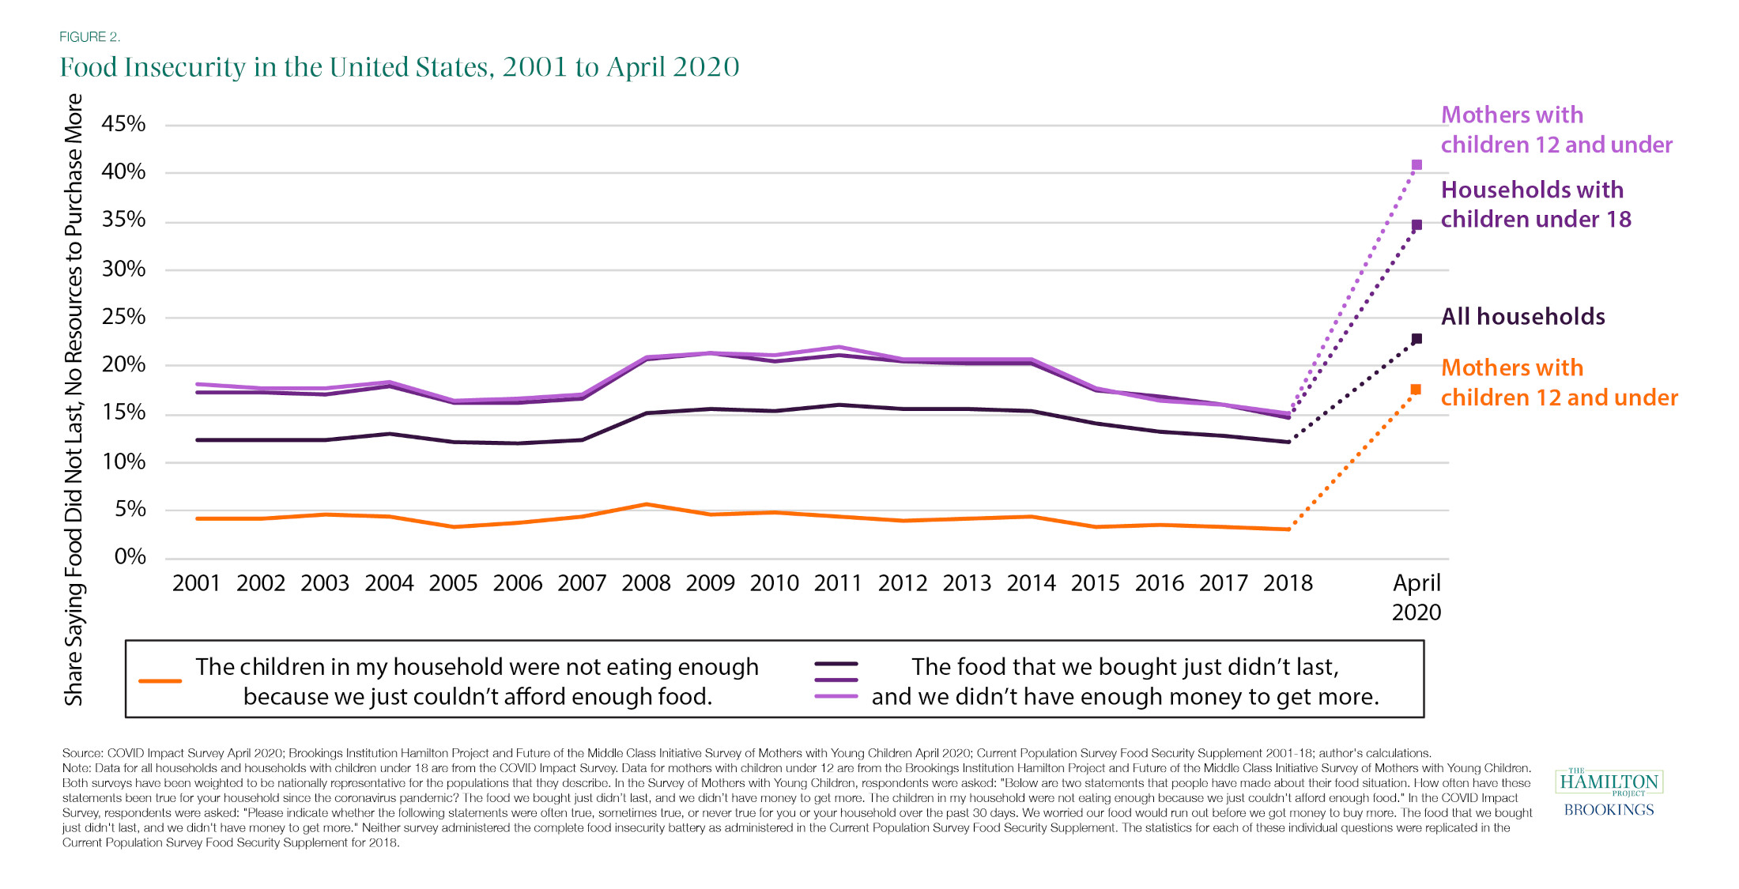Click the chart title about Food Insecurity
pyautogui.click(x=399, y=67)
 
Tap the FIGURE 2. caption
pyautogui.click(x=89, y=37)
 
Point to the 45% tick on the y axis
pyautogui.click(x=123, y=124)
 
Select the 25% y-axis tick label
pyautogui.click(x=123, y=317)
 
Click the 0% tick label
pyautogui.click(x=130, y=557)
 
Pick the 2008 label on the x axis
pyautogui.click(x=646, y=583)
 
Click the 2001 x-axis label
pyautogui.click(x=196, y=583)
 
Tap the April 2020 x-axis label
pyautogui.click(x=1416, y=597)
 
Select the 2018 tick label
pyautogui.click(x=1288, y=583)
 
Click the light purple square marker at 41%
pyautogui.click(x=1416, y=165)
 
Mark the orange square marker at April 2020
pyautogui.click(x=1416, y=390)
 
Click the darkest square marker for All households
pyautogui.click(x=1416, y=339)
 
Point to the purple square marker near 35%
pyautogui.click(x=1416, y=225)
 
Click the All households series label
pyautogui.click(x=1522, y=317)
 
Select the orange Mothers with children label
pyautogui.click(x=1559, y=382)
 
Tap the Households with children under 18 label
pyautogui.click(x=1535, y=205)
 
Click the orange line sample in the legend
pyautogui.click(x=160, y=681)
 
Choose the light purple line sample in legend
pyautogui.click(x=836, y=696)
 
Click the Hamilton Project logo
pyautogui.click(x=1609, y=782)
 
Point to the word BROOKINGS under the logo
pyautogui.click(x=1609, y=810)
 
